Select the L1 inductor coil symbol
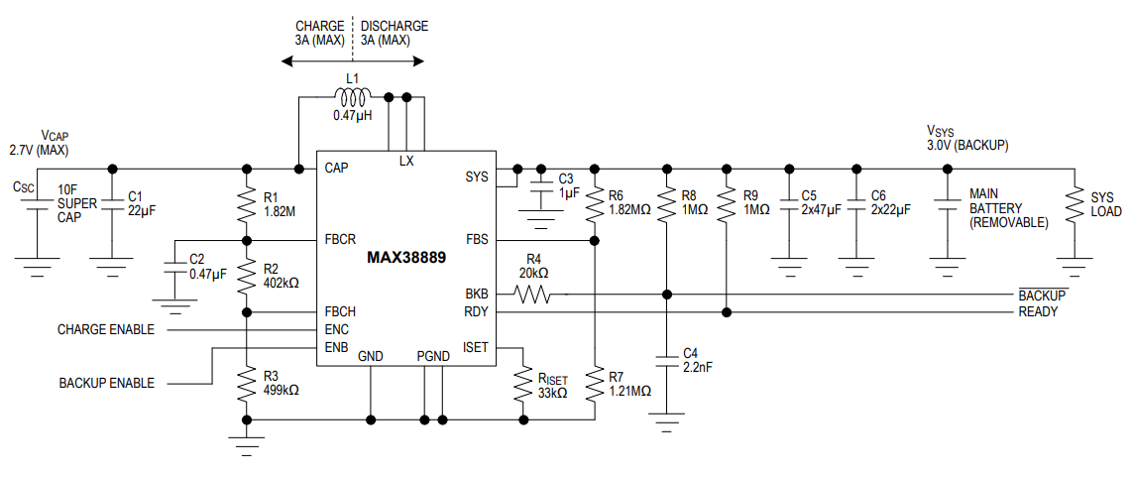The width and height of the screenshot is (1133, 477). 353,97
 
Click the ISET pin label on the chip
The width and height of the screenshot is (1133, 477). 475,347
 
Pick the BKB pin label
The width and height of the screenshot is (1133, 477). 477,294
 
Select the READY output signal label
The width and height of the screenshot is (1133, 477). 1038,312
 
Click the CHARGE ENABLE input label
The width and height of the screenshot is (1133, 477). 106,329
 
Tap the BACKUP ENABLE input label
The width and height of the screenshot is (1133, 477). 107,383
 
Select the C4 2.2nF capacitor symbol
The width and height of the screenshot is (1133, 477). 668,359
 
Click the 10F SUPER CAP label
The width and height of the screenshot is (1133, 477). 69,202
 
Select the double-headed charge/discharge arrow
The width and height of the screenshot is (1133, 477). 353,61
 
